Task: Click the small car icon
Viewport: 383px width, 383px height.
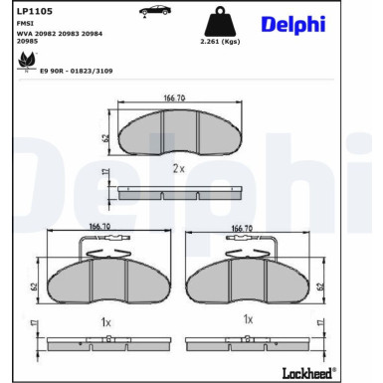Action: tap(153, 11)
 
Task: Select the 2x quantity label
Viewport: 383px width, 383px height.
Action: tap(178, 169)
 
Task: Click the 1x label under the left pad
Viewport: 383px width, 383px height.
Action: tap(104, 320)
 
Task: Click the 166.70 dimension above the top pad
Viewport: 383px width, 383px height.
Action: tap(175, 97)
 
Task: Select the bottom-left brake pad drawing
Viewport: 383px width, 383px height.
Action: tap(103, 282)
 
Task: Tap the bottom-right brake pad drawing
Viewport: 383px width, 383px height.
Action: tap(248, 282)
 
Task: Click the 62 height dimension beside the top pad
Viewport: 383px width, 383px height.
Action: tap(104, 137)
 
